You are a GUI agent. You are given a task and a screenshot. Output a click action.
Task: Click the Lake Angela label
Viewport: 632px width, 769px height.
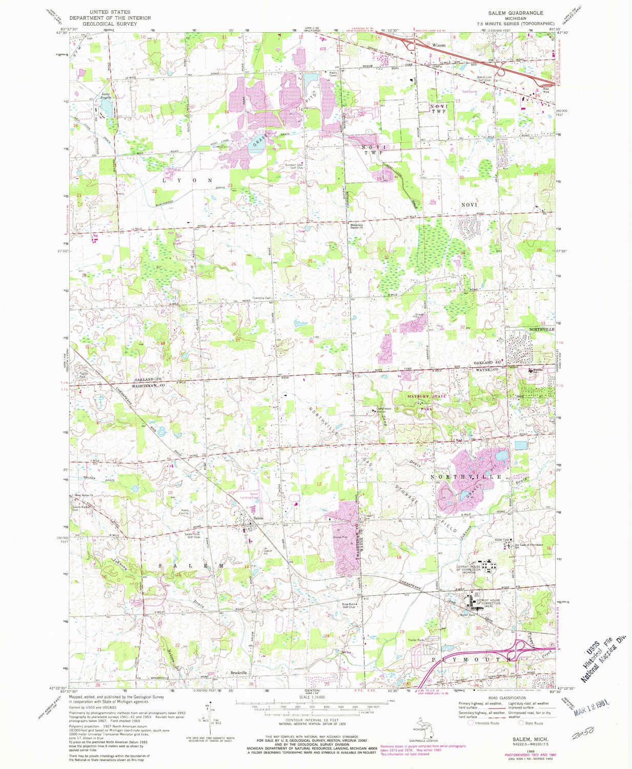pyautogui.click(x=105, y=95)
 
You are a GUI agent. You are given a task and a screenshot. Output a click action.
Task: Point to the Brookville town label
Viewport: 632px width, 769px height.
pyautogui.click(x=239, y=673)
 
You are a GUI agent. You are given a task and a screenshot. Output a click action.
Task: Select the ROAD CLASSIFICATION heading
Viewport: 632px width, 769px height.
pyautogui.click(x=507, y=698)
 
